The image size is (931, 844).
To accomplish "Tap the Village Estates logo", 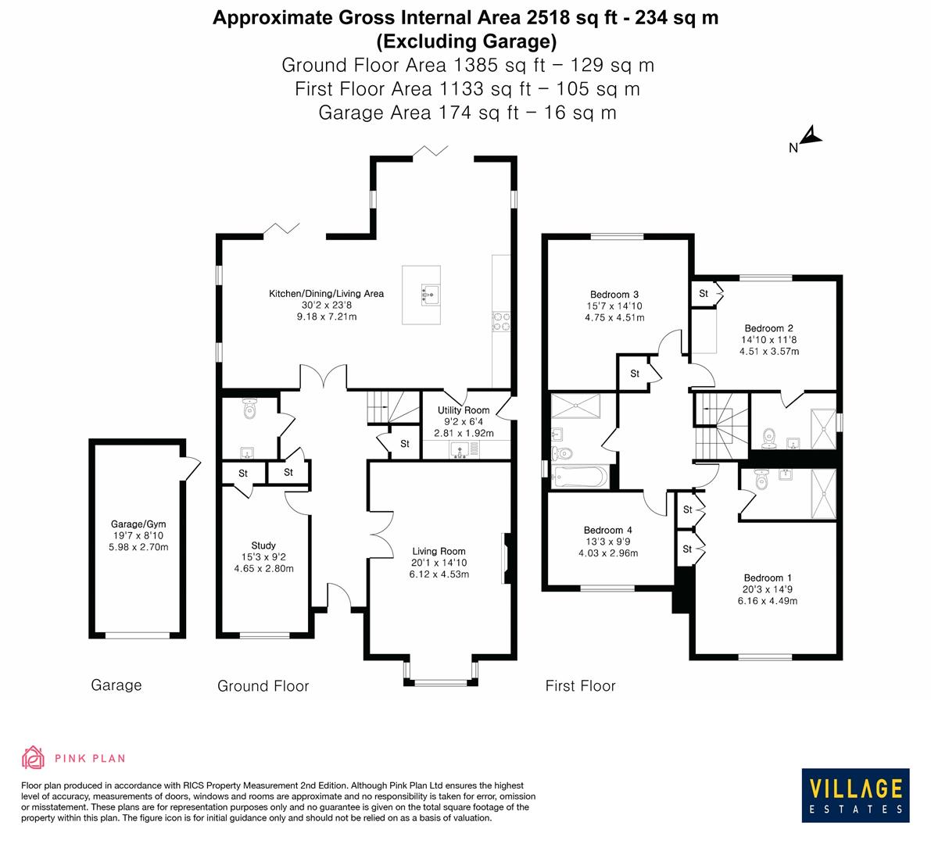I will [855, 794].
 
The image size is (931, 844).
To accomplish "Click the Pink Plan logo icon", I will [34, 757].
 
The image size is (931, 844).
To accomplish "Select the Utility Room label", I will [464, 410].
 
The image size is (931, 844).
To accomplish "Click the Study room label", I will [263, 545].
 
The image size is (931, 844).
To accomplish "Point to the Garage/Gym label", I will [138, 524].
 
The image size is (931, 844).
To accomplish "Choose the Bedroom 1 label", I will [763, 578].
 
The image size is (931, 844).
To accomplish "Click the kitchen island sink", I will [429, 293].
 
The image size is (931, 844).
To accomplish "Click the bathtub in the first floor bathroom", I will [579, 476].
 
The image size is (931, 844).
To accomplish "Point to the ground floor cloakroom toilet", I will [249, 409].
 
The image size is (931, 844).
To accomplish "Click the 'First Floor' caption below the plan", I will [580, 686].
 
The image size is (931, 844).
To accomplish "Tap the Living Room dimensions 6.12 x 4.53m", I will [439, 574].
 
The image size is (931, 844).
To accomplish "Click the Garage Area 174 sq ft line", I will [467, 113].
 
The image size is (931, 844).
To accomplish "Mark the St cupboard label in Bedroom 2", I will [704, 294].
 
